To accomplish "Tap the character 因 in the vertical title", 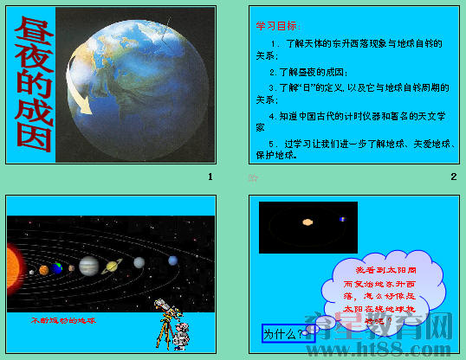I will pos(32,138).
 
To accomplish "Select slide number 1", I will pos(210,177).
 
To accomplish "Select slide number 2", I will pos(453,177).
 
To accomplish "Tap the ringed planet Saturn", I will pos(112,267).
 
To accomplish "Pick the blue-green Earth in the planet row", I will pos(57,268).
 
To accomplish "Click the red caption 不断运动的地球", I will pos(63,320).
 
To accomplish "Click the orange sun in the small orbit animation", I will pos(307,222).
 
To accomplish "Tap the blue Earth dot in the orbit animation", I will pos(341,220).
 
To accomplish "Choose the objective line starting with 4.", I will pos(355,115).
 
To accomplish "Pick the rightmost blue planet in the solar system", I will pos(173,260).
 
